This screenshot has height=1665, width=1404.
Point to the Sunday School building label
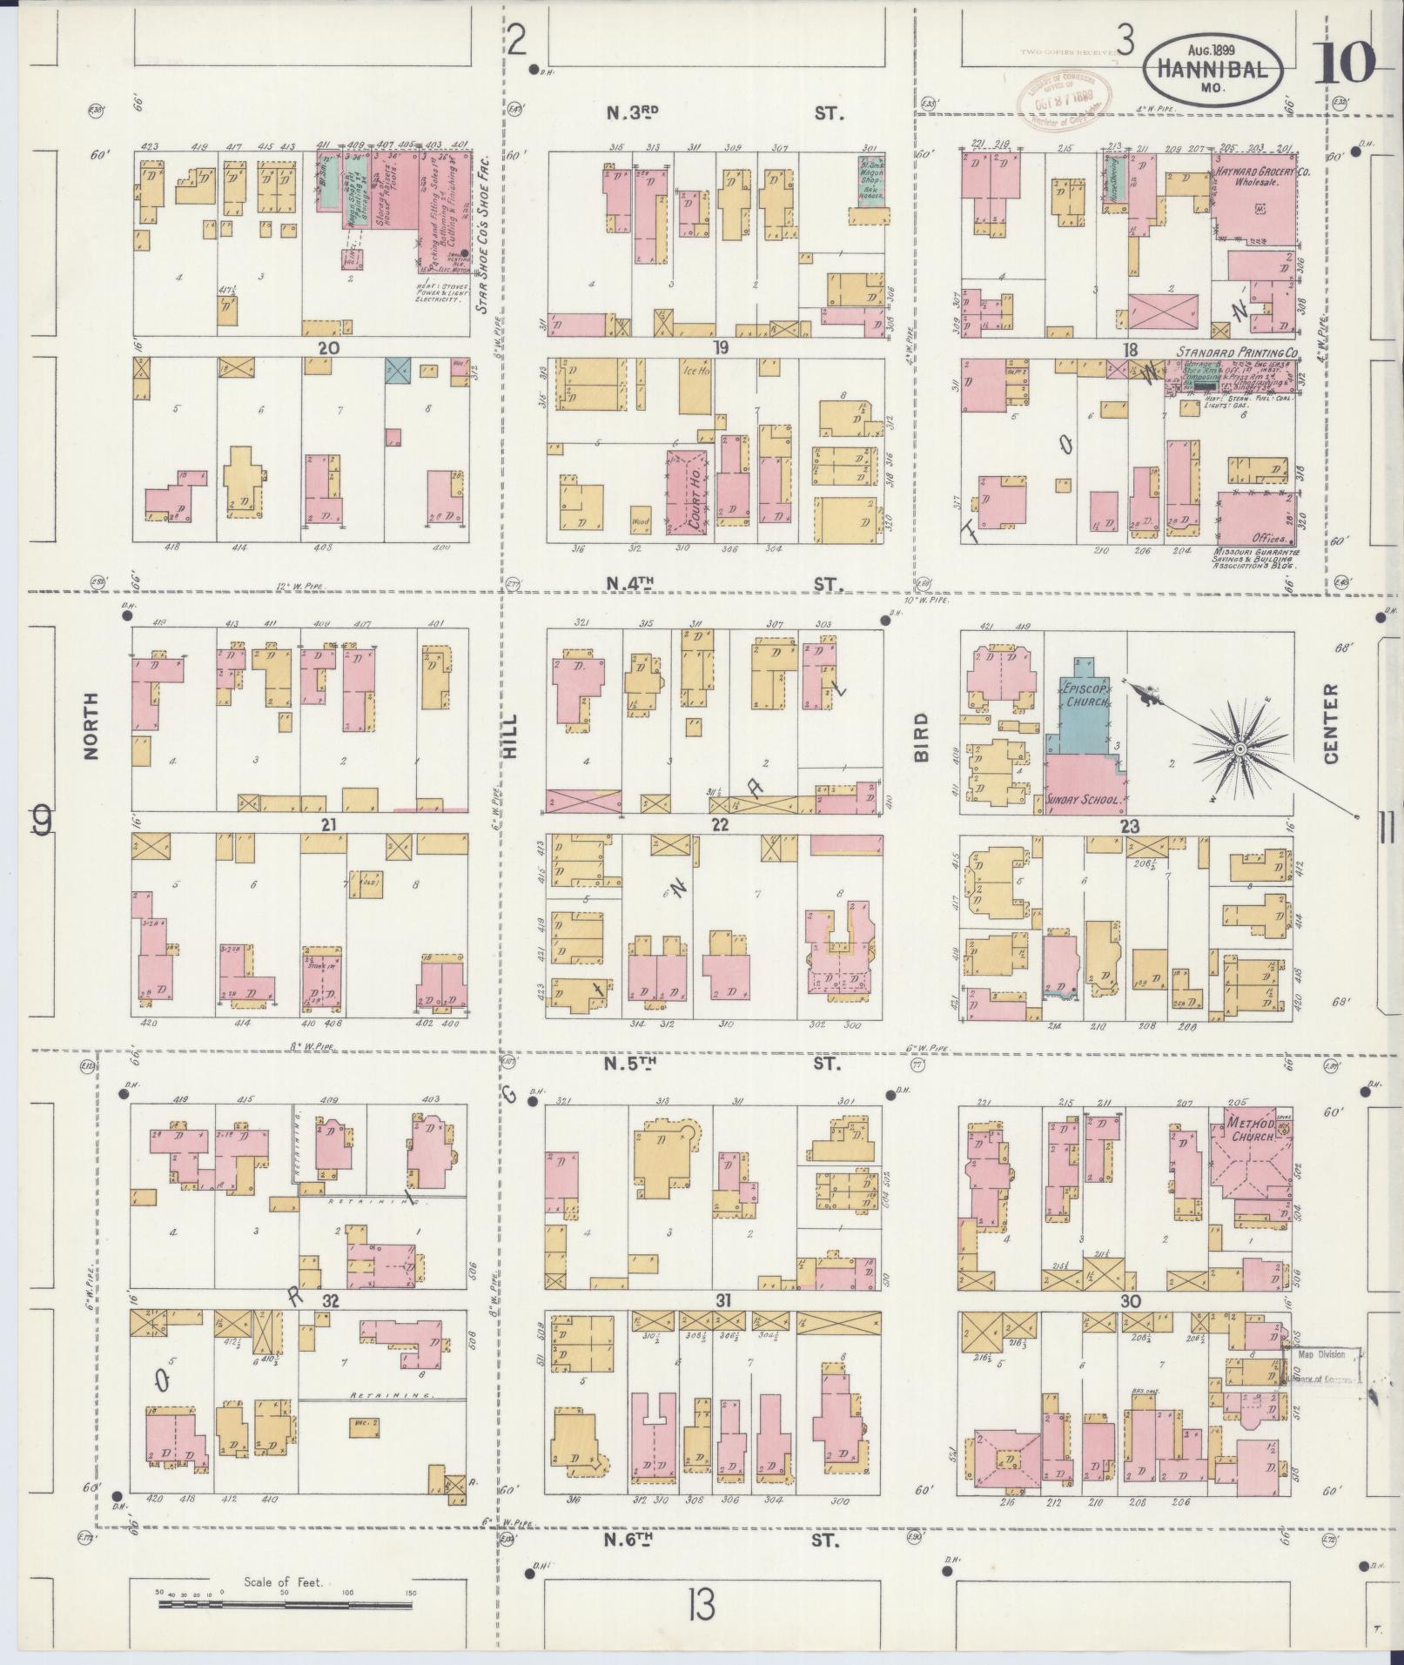1084,797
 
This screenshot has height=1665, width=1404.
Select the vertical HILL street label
509,736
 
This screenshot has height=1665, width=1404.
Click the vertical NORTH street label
91,726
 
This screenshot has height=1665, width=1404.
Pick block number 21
328,822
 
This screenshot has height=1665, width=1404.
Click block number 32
329,1301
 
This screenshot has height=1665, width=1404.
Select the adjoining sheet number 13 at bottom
700,1604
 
